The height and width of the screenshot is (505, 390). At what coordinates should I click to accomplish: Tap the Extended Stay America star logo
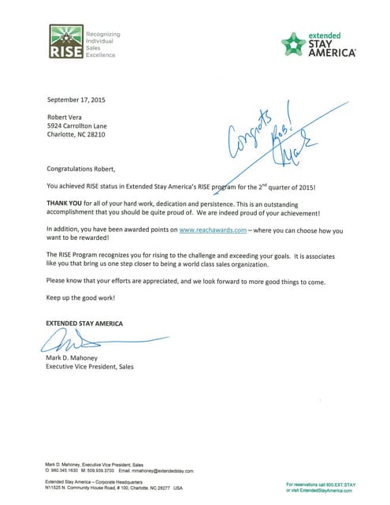293,44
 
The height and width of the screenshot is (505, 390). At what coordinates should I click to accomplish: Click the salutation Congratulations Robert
81,169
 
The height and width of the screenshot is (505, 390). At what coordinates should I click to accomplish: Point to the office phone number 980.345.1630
66,470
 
